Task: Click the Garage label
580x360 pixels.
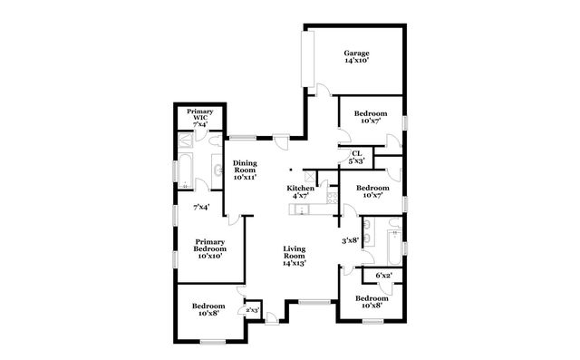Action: click(x=355, y=57)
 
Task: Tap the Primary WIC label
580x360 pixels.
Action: click(x=199, y=117)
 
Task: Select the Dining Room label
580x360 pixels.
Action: click(x=245, y=170)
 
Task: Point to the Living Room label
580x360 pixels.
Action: click(x=293, y=255)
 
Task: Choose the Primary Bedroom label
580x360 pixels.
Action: click(x=209, y=248)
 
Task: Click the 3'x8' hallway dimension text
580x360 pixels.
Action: click(x=350, y=241)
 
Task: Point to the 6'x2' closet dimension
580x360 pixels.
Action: click(x=384, y=275)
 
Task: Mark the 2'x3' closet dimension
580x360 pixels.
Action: click(x=252, y=311)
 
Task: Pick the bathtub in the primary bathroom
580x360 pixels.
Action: click(x=185, y=170)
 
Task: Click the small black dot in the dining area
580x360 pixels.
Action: click(x=290, y=169)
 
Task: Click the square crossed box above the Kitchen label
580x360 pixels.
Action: click(x=310, y=175)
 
